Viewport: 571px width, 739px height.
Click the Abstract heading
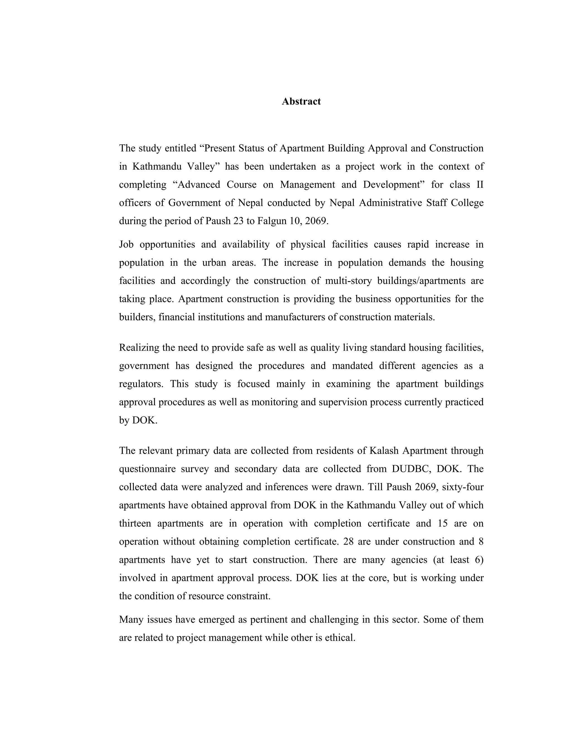301,102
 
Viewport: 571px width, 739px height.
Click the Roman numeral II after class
480,185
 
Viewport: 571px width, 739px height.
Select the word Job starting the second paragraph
126,244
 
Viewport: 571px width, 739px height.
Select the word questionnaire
147,469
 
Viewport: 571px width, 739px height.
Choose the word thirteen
135,523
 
